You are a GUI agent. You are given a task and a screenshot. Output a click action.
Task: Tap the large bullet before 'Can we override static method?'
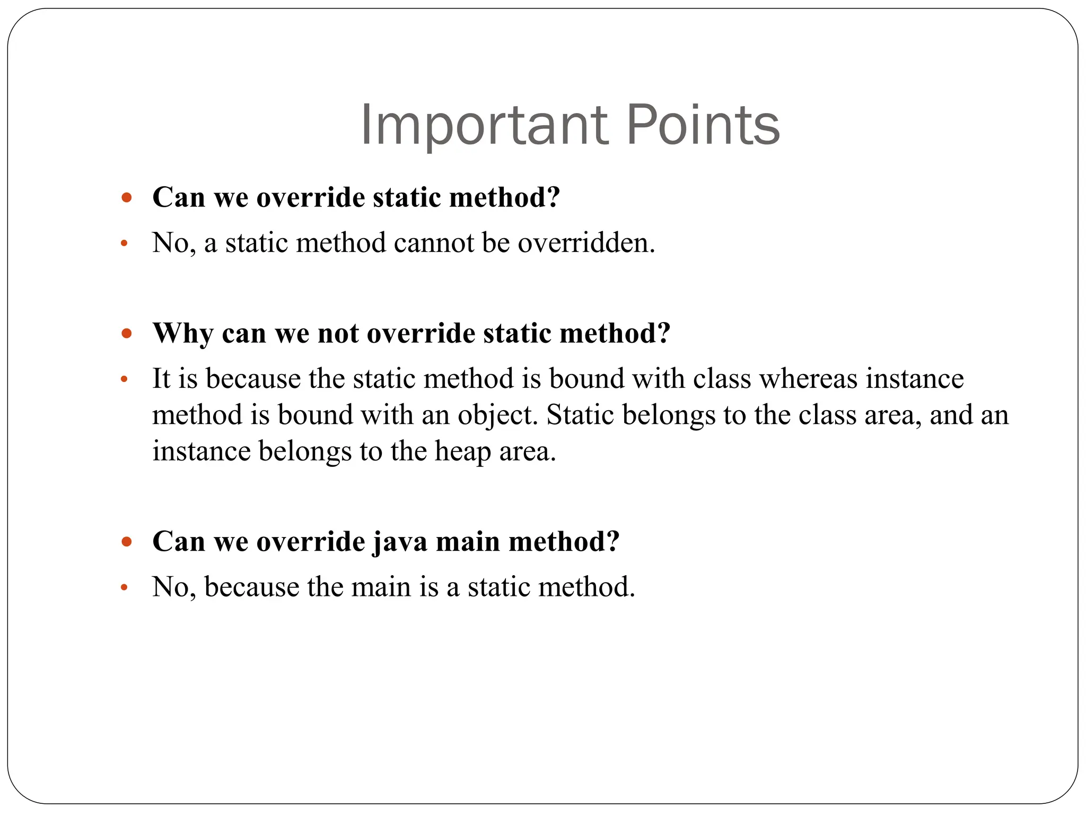pos(126,198)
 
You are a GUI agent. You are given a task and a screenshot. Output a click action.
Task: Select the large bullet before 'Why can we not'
pos(126,334)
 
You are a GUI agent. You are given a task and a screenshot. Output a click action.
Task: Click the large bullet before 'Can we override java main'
pos(126,542)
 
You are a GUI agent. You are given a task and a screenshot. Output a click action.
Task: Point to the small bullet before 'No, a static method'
pos(124,244)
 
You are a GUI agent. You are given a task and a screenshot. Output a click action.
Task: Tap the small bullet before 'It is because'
pos(124,380)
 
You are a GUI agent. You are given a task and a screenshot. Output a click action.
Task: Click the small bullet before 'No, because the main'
pos(124,588)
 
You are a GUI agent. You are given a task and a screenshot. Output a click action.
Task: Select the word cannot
pos(433,243)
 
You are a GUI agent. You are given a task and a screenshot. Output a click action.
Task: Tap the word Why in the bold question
pos(182,333)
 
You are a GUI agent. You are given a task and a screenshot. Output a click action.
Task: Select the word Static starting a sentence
pos(580,415)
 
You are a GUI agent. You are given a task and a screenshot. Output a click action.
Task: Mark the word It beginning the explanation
pos(161,379)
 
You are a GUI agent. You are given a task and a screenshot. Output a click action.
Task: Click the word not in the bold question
pos(336,333)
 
